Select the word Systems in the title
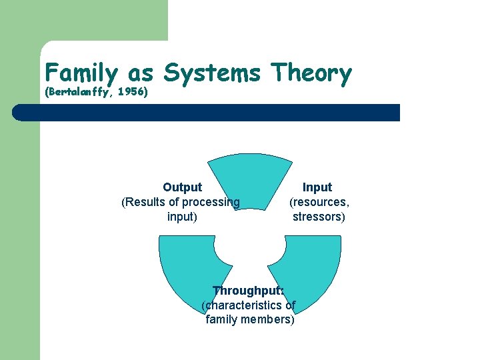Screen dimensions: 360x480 point(211,72)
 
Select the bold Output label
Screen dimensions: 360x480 point(182,187)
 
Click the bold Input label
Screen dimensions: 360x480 point(317,187)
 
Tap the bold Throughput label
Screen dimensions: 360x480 point(248,291)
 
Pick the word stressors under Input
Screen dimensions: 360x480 point(319,217)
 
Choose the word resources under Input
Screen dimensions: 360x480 point(319,202)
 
